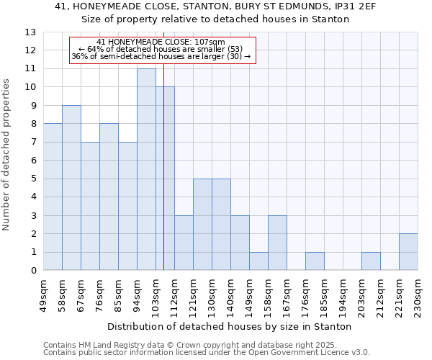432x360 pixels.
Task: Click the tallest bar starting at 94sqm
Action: coord(146,170)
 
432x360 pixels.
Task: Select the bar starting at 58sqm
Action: coord(71,188)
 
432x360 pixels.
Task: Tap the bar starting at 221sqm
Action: coord(408,252)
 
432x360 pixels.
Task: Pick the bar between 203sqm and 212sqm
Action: coord(371,261)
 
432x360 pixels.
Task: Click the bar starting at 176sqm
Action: coord(315,261)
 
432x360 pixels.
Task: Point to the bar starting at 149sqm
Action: coord(258,261)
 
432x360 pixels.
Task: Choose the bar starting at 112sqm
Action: coord(184,243)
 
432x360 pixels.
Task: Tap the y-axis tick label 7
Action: coord(33,143)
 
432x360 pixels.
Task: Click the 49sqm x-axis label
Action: coord(43,293)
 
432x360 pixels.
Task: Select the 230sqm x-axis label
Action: coord(418,295)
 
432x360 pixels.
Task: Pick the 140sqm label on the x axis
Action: coord(230,295)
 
